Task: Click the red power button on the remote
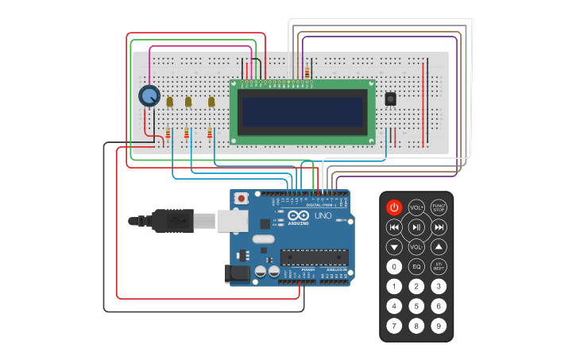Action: pyautogui.click(x=394, y=207)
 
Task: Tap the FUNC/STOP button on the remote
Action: pyautogui.click(x=439, y=207)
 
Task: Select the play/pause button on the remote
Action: pyautogui.click(x=416, y=227)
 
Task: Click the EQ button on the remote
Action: pyautogui.click(x=416, y=267)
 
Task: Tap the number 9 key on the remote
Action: pyautogui.click(x=439, y=325)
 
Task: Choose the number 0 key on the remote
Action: pyautogui.click(x=394, y=267)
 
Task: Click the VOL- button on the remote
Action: pyautogui.click(x=416, y=247)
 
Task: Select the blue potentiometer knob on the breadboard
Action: pyautogui.click(x=149, y=96)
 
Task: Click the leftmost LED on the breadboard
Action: pyautogui.click(x=169, y=101)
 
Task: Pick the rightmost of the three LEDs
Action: pyautogui.click(x=211, y=101)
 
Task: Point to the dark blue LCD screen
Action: pyautogui.click(x=303, y=112)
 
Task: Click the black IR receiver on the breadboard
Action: pyautogui.click(x=391, y=99)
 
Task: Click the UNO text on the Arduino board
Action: pyautogui.click(x=323, y=215)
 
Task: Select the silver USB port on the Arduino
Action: pyautogui.click(x=233, y=220)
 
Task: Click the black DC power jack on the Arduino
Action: pyautogui.click(x=237, y=274)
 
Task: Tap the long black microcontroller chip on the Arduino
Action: pyautogui.click(x=313, y=257)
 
